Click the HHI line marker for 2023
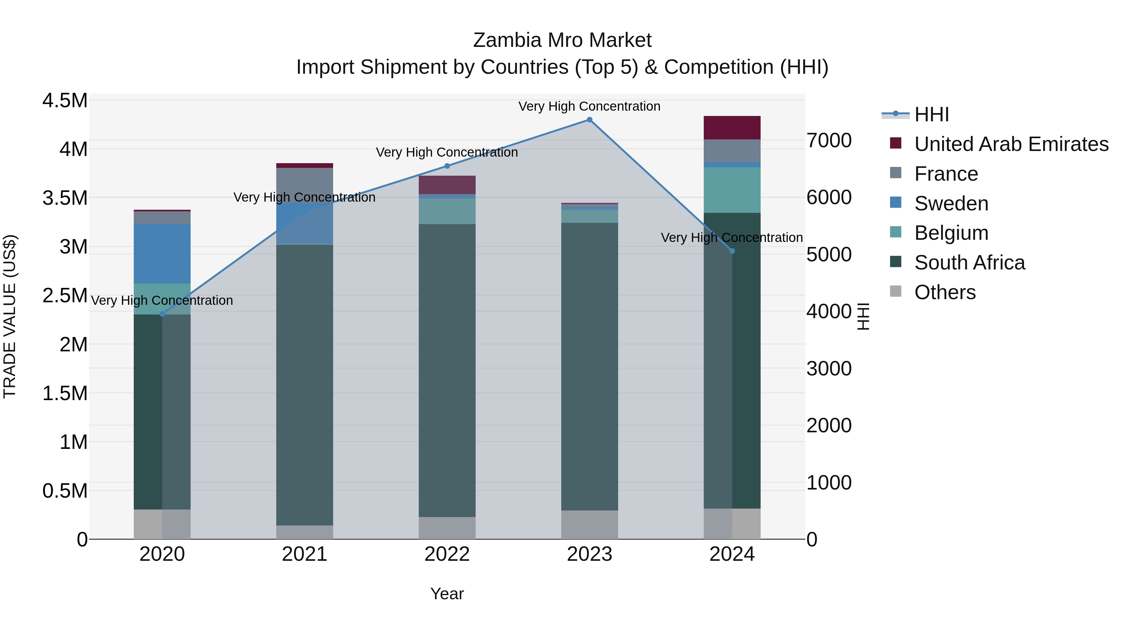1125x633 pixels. (590, 120)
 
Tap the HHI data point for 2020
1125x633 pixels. (162, 314)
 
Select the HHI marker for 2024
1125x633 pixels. (732, 251)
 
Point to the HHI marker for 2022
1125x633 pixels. (447, 166)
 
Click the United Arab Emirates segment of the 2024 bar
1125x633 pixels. (732, 128)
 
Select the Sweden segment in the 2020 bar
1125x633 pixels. (162, 254)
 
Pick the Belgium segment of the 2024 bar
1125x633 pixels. (732, 190)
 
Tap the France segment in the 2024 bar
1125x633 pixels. (732, 151)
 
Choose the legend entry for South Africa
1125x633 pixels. (969, 263)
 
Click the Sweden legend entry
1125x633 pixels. (951, 203)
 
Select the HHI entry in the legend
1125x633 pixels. (931, 114)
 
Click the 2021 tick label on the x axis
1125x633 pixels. (305, 554)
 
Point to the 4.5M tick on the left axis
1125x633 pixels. (65, 100)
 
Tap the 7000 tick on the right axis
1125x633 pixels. (829, 141)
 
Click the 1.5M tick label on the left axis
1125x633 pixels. (65, 393)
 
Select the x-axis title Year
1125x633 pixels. (447, 594)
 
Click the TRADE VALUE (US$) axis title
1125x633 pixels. (10, 316)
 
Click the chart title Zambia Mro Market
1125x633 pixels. (562, 40)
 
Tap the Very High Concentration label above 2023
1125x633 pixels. (590, 106)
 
